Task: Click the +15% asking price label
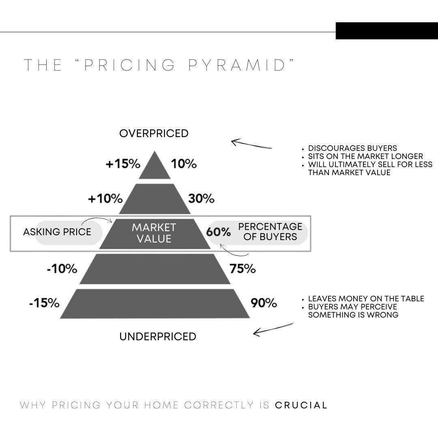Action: (x=123, y=164)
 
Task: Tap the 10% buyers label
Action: (x=184, y=164)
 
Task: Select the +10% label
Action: (x=105, y=199)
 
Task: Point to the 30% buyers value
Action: (x=201, y=199)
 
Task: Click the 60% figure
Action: (x=219, y=232)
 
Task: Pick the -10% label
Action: (x=62, y=269)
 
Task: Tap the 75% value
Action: (x=243, y=269)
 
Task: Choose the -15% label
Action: (x=45, y=303)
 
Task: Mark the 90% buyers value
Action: (x=264, y=303)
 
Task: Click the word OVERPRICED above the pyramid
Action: (x=154, y=133)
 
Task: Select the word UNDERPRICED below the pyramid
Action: (x=158, y=337)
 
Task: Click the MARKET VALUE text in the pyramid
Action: (x=154, y=233)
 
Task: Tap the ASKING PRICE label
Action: (x=57, y=232)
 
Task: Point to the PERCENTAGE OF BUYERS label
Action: (x=270, y=232)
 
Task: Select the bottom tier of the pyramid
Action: (x=155, y=304)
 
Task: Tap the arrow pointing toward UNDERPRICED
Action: (x=273, y=329)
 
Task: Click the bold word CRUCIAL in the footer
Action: (x=301, y=405)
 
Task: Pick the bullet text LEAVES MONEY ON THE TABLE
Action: (x=366, y=298)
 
